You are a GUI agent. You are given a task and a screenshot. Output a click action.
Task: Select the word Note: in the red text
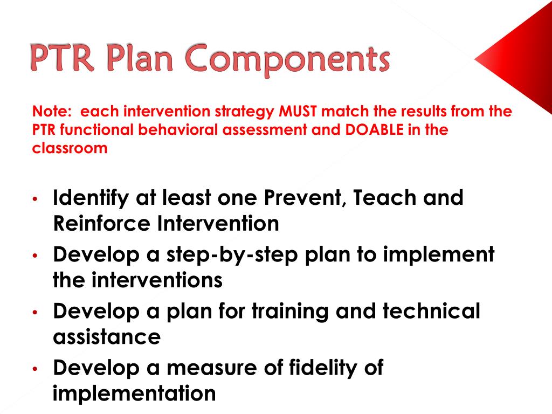click(x=52, y=112)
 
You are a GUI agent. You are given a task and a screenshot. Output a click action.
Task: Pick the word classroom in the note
click(x=70, y=148)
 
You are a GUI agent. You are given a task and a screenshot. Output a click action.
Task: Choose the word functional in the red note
click(x=95, y=130)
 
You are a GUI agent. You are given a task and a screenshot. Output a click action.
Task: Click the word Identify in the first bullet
click(x=89, y=198)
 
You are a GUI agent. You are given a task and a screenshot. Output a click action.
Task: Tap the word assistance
click(x=107, y=337)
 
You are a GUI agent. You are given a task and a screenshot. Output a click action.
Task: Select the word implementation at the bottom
click(x=134, y=394)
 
